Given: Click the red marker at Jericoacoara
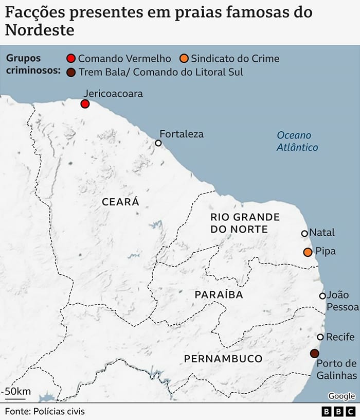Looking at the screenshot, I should coord(85,104).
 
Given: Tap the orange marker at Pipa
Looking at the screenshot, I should coord(308,252).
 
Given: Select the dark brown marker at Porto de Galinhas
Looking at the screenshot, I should coord(314,353).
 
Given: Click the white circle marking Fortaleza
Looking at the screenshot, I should coord(158,143).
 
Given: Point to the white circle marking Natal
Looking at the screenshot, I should coord(304,234).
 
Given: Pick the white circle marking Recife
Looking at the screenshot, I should coord(320,337).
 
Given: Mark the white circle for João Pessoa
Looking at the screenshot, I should coord(322,296).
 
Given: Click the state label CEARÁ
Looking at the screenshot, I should coord(120,202).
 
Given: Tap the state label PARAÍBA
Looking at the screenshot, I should coord(219,295).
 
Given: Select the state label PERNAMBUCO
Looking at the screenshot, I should coord(223,358).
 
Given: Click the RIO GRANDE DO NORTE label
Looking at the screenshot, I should coord(245,223).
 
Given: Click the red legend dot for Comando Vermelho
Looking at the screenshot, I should coord(71,59).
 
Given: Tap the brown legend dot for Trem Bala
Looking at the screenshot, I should coord(71,73).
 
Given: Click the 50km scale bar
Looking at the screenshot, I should coord(15,397).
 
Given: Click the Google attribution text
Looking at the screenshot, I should coord(341,396).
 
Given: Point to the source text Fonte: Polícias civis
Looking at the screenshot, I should coord(45,411).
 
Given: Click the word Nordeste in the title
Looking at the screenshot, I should coord(40,30).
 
